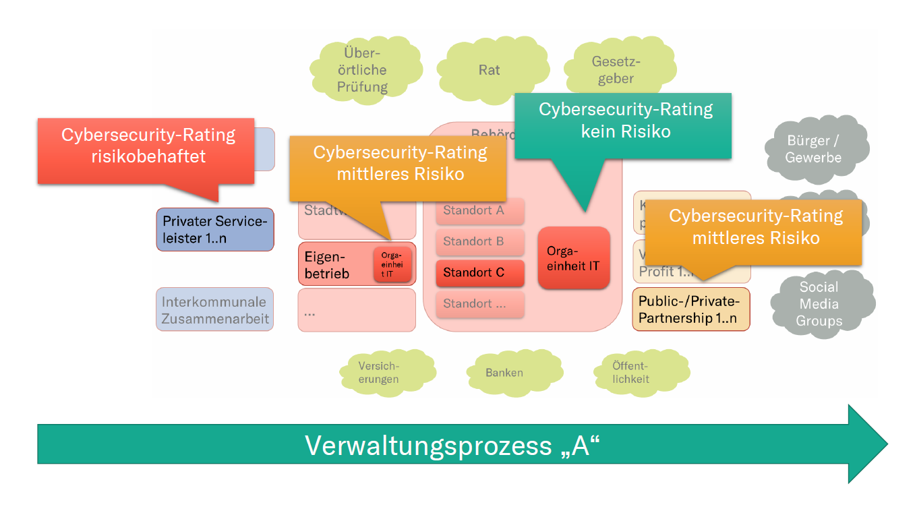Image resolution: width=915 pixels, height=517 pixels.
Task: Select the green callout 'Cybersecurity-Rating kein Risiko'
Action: click(x=622, y=125)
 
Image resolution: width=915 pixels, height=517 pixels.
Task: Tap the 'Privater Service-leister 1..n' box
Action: click(x=215, y=229)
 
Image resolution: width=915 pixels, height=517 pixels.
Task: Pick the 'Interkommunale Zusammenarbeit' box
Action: click(x=215, y=310)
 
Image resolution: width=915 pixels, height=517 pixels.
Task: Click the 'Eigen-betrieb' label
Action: click(x=327, y=264)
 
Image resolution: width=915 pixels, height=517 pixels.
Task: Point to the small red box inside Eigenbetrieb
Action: click(x=392, y=264)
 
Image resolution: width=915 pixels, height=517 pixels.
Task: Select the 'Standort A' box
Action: click(x=479, y=211)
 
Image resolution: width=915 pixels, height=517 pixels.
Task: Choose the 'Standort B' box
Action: click(x=479, y=242)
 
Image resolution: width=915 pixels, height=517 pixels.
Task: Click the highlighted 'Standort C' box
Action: click(x=479, y=273)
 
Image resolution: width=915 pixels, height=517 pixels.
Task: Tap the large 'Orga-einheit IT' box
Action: click(x=573, y=257)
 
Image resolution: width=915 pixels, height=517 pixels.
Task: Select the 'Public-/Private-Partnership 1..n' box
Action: click(x=690, y=309)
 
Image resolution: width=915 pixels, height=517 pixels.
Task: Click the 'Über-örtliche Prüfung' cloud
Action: click(x=363, y=70)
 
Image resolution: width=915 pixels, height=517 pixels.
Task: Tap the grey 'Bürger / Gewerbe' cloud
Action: click(x=814, y=149)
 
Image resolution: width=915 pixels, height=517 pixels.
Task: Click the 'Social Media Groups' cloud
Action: click(x=819, y=304)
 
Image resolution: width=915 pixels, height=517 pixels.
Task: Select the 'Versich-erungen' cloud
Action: click(x=379, y=372)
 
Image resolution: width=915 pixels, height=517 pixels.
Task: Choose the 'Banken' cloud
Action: click(x=504, y=372)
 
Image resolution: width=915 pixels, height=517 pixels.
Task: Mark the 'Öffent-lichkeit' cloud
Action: click(x=631, y=372)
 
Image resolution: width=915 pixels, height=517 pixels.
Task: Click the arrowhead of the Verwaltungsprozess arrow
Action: click(x=868, y=444)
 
